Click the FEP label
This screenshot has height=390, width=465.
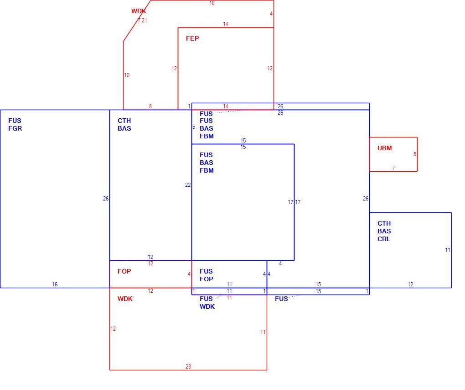tap(192, 38)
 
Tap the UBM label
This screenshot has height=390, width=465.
tap(384, 148)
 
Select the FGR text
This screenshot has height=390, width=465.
tap(15, 128)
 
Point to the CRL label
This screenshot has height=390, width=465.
tap(384, 239)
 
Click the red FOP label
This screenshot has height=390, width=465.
tap(124, 271)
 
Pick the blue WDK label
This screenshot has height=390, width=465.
tap(207, 306)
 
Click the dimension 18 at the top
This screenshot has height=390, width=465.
tap(212, 3)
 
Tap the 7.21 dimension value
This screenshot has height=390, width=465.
tap(142, 21)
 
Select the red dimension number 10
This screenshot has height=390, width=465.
tap(127, 75)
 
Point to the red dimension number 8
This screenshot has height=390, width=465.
tap(150, 106)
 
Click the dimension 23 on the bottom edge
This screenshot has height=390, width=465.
tap(188, 367)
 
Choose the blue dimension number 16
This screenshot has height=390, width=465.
tap(55, 284)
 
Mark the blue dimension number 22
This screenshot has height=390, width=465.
tap(188, 185)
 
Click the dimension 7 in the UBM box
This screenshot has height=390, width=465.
tap(393, 168)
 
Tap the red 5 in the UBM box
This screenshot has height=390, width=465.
tap(414, 154)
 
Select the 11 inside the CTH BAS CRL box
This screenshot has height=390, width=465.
tap(448, 250)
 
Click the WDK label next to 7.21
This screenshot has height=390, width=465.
tap(139, 11)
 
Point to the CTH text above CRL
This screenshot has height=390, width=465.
tap(384, 223)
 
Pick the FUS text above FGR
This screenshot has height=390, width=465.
tap(15, 121)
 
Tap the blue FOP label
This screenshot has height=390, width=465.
tap(206, 279)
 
